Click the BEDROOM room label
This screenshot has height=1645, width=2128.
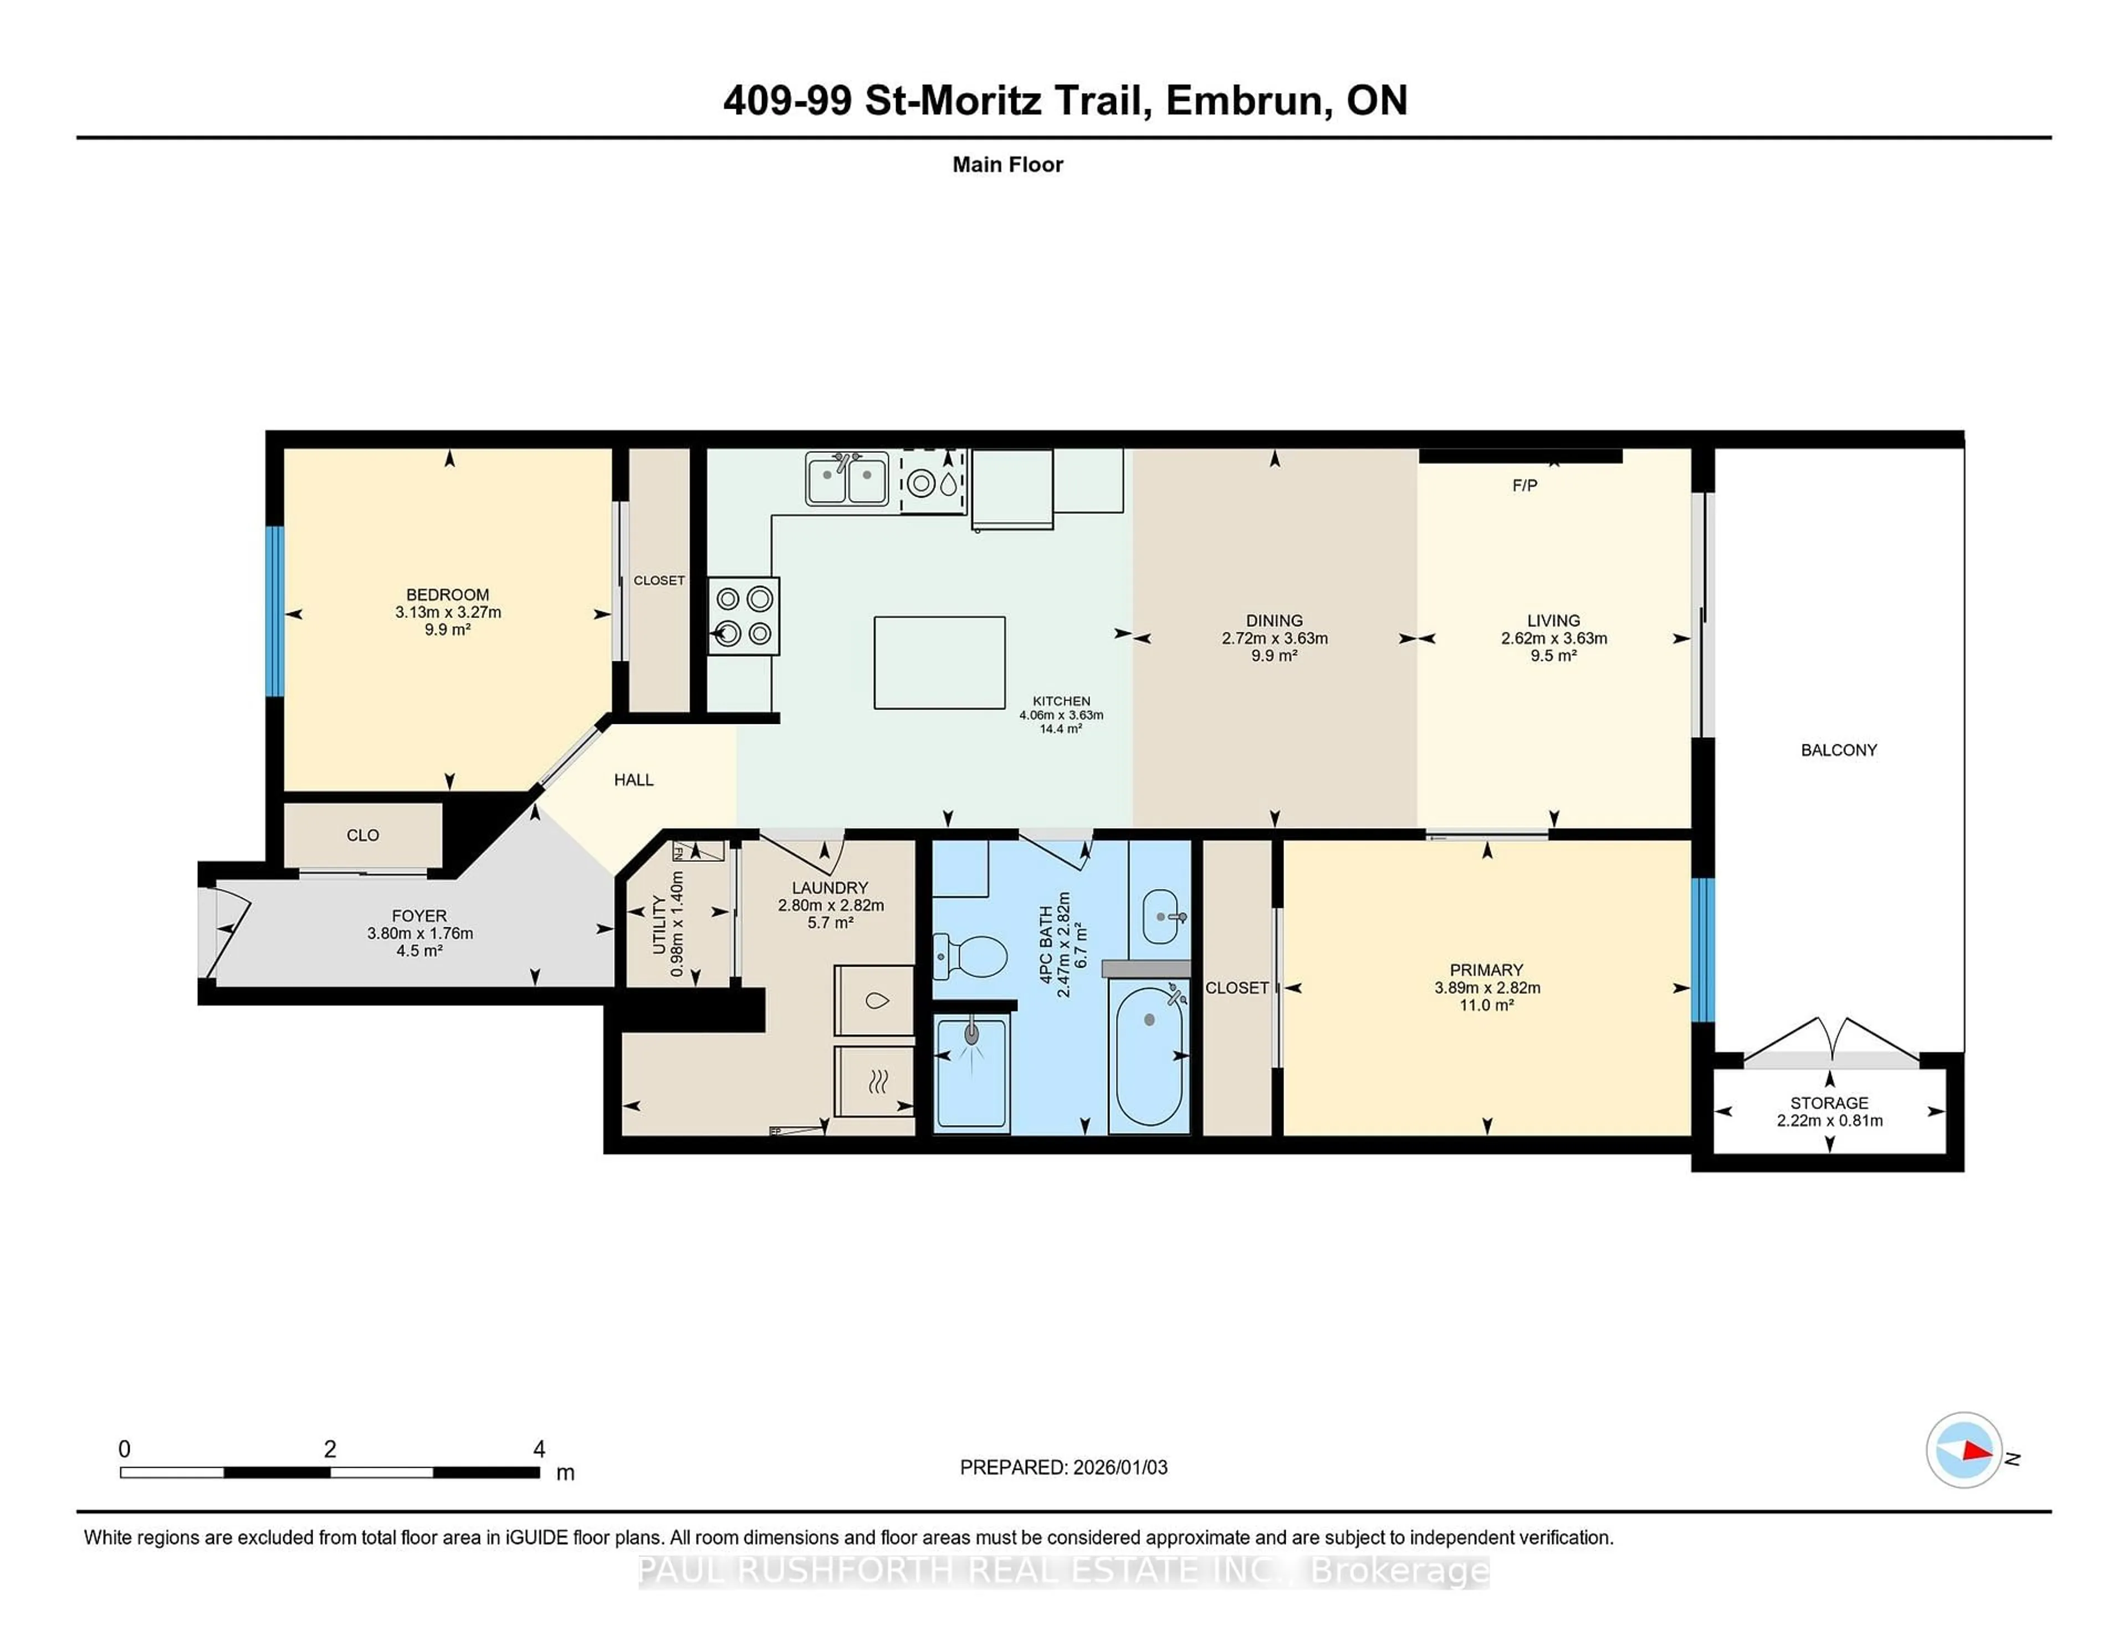447,595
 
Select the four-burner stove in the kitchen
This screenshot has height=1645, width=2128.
744,616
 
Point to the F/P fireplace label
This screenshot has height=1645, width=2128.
1524,486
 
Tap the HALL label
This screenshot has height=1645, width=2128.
633,780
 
